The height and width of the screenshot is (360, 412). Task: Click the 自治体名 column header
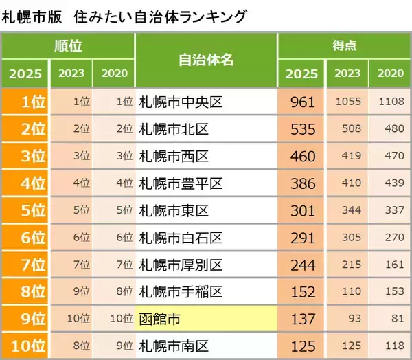pyautogui.click(x=206, y=60)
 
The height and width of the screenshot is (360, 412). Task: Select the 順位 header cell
pyautogui.click(x=69, y=46)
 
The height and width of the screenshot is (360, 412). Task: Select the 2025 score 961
pyautogui.click(x=302, y=102)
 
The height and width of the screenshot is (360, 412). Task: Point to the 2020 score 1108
pyautogui.click(x=391, y=102)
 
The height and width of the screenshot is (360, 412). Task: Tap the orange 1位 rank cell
pyautogui.click(x=25, y=102)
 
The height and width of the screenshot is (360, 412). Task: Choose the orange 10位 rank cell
pyautogui.click(x=25, y=346)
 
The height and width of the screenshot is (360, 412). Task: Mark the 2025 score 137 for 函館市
pyautogui.click(x=302, y=319)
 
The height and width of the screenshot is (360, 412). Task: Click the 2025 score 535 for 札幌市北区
pyautogui.click(x=302, y=129)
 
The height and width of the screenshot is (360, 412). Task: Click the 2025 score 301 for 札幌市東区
pyautogui.click(x=302, y=210)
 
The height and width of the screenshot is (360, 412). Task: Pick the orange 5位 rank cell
pyautogui.click(x=25, y=210)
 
